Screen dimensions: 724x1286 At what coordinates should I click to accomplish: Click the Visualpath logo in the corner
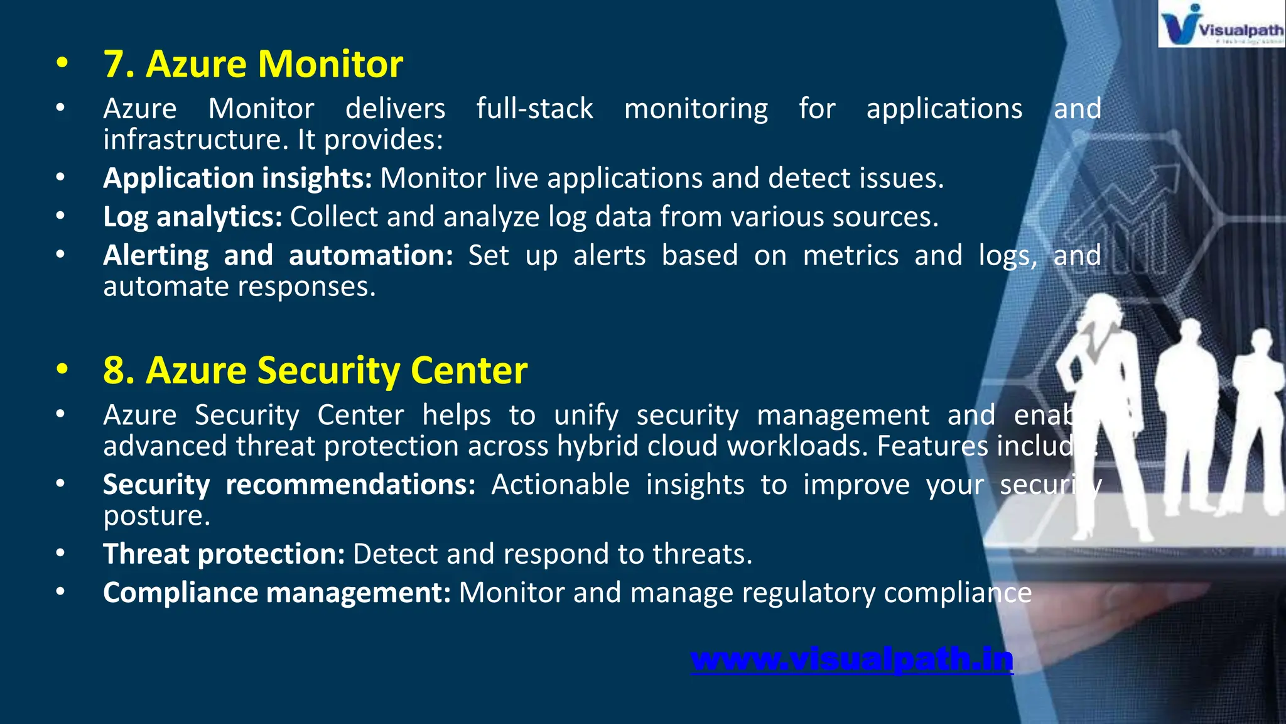coord(1221,24)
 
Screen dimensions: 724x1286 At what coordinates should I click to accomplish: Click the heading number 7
coord(119,64)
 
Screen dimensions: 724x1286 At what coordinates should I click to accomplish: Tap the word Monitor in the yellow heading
coord(330,64)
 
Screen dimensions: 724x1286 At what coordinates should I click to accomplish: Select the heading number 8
coord(119,370)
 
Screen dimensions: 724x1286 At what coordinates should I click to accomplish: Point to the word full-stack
coord(534,109)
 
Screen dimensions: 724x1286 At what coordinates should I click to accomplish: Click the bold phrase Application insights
coord(237,178)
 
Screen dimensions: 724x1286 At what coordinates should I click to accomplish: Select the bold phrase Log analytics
coord(193,217)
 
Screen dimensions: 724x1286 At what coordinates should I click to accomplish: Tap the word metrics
coord(851,256)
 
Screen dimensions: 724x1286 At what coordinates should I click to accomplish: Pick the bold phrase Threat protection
coord(224,554)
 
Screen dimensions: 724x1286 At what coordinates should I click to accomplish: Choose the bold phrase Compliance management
coord(277,593)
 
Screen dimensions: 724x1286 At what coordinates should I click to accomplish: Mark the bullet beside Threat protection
coord(60,553)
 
